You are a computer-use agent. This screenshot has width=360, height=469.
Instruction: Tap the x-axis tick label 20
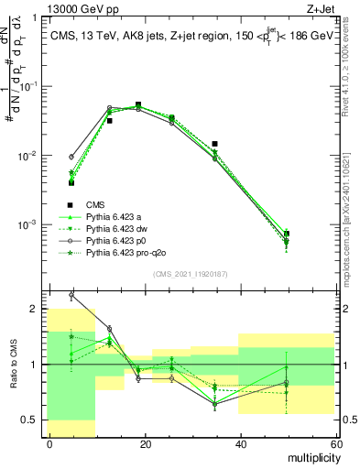pyautogui.click(x=145, y=443)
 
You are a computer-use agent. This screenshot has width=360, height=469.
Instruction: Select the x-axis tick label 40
pyautogui.click(x=240, y=443)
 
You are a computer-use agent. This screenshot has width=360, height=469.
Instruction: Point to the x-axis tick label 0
pyautogui.click(x=49, y=443)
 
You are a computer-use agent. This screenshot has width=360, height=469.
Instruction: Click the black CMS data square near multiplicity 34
pyautogui.click(x=214, y=144)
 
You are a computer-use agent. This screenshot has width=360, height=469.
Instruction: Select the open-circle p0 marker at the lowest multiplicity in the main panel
pyautogui.click(x=71, y=157)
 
